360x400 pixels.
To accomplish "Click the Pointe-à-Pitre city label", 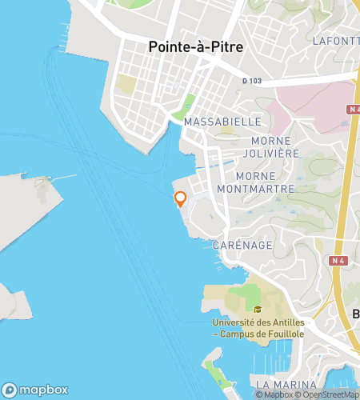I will (x=196, y=47).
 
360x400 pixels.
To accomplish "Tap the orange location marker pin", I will (x=180, y=199).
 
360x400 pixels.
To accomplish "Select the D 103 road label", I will (x=252, y=81).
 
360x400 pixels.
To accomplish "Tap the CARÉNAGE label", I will (x=242, y=244).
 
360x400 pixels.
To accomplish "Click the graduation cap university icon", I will (x=258, y=310).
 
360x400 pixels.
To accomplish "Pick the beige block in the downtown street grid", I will (x=126, y=84).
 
